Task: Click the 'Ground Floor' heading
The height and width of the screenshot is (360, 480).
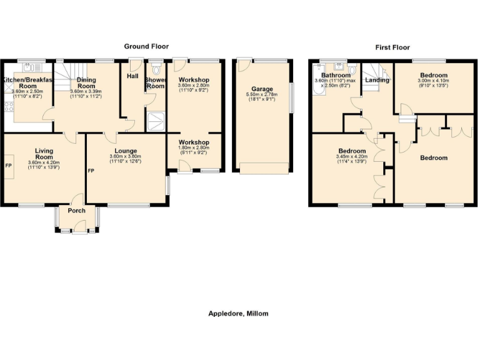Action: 146,46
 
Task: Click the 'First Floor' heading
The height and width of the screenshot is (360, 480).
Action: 392,47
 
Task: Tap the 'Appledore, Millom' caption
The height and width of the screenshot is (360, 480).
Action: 238,313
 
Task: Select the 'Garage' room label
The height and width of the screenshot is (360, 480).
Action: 262,89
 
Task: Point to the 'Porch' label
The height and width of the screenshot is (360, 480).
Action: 76,211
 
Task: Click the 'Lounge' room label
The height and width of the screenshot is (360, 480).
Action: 126,151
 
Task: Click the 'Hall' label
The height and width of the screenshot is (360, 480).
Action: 132,76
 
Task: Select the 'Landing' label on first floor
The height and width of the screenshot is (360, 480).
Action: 377,80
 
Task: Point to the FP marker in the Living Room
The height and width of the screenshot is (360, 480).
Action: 8,166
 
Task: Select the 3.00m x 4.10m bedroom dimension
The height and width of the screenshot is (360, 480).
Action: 433,81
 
